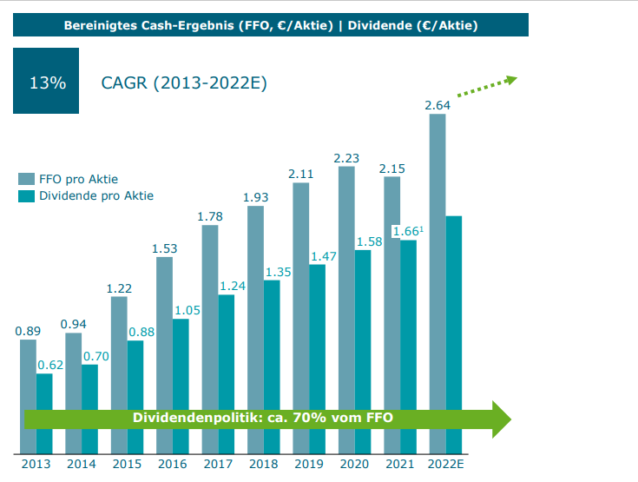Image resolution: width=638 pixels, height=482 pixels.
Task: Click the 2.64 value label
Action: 437,106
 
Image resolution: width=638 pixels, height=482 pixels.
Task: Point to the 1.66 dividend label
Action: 405,231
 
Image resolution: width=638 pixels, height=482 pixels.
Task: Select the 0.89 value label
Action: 28,331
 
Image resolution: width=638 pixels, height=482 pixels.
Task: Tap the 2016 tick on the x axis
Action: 172,464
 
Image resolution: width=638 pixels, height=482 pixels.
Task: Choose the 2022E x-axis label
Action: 445,464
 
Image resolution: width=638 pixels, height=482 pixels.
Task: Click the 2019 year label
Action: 309,464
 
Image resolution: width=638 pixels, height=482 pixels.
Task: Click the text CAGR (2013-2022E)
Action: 184,83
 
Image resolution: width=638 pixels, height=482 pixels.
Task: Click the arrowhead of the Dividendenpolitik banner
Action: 502,419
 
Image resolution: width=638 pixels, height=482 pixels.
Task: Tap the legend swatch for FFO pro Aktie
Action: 27,178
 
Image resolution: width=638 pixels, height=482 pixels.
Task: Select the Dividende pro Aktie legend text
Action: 96,195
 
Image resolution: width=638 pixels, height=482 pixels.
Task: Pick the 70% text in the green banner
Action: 310,419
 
